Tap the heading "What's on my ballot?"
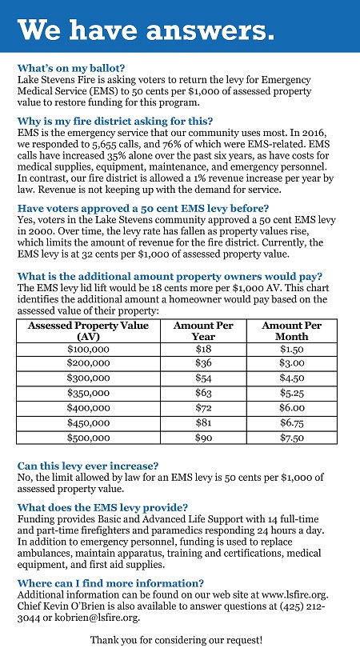(71, 68)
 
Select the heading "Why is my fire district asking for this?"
(115, 122)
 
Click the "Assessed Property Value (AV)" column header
(88, 331)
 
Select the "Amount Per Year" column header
(203, 331)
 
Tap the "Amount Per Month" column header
(291, 331)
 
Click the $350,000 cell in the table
(89, 393)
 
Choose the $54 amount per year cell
(203, 378)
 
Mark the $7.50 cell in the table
(292, 438)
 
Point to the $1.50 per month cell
(292, 349)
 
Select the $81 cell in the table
(203, 422)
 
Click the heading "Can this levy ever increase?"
(88, 466)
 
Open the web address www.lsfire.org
(294, 594)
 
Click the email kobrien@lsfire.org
(98, 618)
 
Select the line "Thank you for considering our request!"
(177, 641)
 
